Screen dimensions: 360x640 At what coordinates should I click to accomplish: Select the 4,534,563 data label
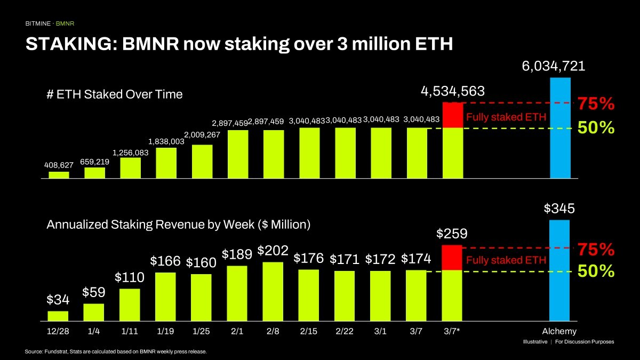pyautogui.click(x=452, y=91)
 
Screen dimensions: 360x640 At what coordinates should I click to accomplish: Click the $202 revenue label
pyautogui.click(x=273, y=251)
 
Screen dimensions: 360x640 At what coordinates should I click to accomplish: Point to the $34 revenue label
pyautogui.click(x=58, y=300)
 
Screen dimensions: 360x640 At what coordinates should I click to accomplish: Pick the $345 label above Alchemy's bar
pyautogui.click(x=559, y=209)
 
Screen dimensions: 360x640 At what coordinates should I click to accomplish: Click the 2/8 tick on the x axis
pyautogui.click(x=273, y=331)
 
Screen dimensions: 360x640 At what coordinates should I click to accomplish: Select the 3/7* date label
pyautogui.click(x=451, y=331)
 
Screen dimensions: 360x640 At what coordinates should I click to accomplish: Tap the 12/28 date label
pyautogui.click(x=58, y=331)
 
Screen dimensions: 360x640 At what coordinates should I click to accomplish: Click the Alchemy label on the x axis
pyautogui.click(x=559, y=331)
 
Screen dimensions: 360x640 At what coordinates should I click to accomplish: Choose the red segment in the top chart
pyautogui.click(x=452, y=115)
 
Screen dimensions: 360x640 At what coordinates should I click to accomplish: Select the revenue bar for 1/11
pyautogui.click(x=130, y=305)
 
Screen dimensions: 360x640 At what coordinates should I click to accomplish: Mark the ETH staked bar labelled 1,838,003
pyautogui.click(x=166, y=163)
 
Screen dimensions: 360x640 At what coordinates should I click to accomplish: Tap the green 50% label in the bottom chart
pyautogui.click(x=596, y=271)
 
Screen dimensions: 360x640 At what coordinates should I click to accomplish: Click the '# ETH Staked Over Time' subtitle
pyautogui.click(x=115, y=94)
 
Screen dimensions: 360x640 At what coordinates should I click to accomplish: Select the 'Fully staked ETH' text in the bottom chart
pyautogui.click(x=506, y=260)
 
